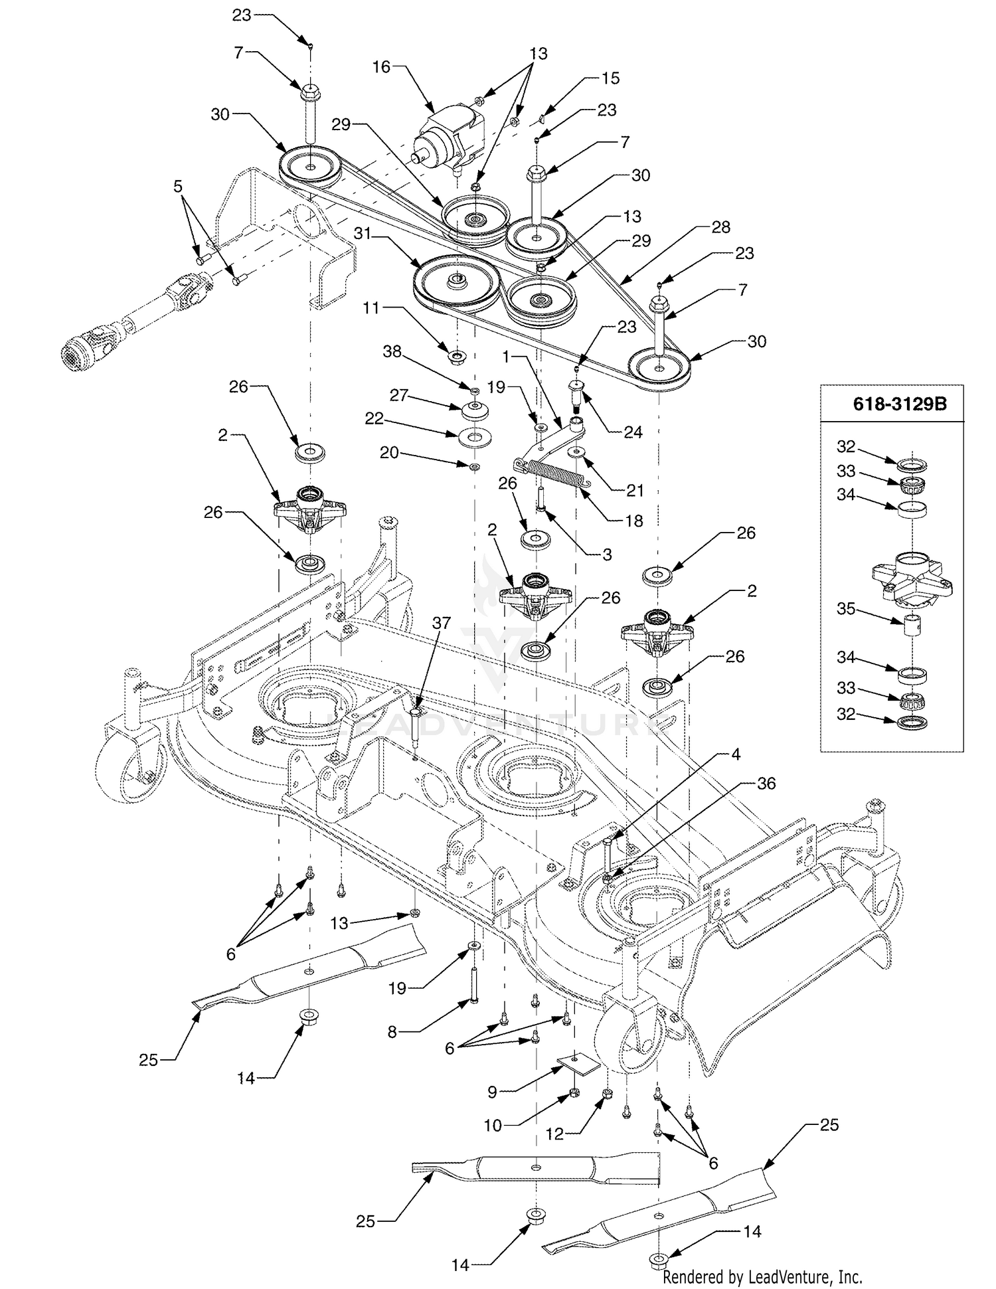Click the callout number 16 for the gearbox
tap(381, 66)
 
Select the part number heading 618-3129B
tap(900, 404)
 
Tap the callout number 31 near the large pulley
tap(362, 234)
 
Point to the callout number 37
tap(441, 623)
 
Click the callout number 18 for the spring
tap(634, 521)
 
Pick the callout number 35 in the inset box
tap(845, 608)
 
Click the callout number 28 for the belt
tap(720, 227)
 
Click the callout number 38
tap(392, 351)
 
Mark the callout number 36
tap(766, 784)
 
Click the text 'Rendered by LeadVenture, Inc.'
tap(762, 1276)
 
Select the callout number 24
tap(633, 432)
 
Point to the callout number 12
tap(554, 1134)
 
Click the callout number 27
tap(398, 395)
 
